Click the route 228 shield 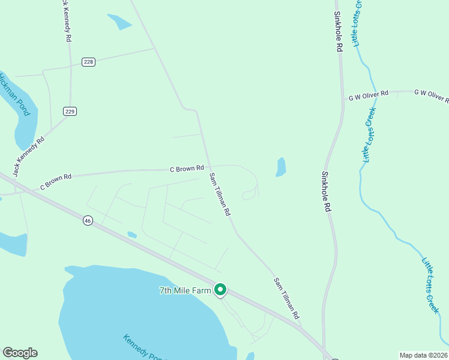(89, 62)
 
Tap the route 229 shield (70, 112)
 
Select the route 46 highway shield (88, 221)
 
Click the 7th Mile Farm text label (186, 291)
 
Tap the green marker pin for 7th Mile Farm (220, 290)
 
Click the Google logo (20, 353)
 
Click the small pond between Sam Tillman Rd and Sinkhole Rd (280, 167)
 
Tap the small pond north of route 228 (120, 22)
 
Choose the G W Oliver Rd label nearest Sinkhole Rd (369, 95)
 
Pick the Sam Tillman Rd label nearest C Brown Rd (219, 194)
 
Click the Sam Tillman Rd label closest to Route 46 (286, 298)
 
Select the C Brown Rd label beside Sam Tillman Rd (187, 169)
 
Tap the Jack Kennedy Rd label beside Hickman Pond (29, 157)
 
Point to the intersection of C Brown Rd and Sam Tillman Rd (207, 169)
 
